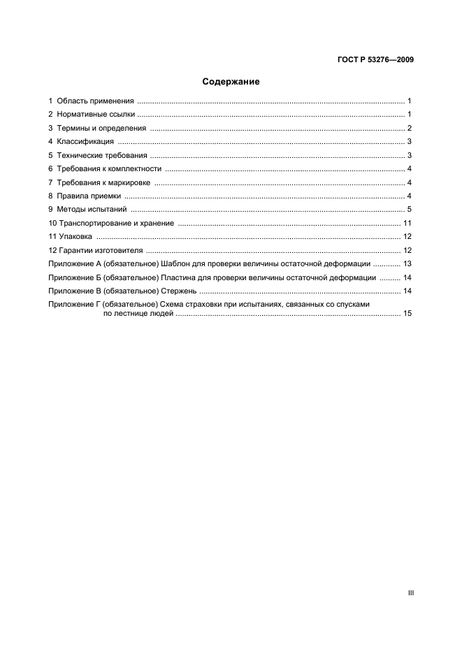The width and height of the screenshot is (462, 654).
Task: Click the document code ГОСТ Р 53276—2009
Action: coord(375,60)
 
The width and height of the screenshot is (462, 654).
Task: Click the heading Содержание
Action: coord(231,82)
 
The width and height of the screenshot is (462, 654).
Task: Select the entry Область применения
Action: coord(95,101)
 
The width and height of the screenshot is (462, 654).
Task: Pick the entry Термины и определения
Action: coord(101,129)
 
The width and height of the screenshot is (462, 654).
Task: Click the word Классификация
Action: coord(86,142)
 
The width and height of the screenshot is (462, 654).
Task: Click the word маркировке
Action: coord(131,182)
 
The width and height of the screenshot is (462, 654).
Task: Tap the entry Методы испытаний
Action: coord(92,210)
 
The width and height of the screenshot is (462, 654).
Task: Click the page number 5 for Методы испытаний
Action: coord(410,210)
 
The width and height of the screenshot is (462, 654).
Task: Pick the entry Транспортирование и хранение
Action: coord(115,223)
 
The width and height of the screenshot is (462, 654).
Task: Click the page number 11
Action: coord(407,223)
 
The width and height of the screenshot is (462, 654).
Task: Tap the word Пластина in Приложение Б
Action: coord(179,277)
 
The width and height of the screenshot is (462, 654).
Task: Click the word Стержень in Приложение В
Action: coord(179,291)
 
